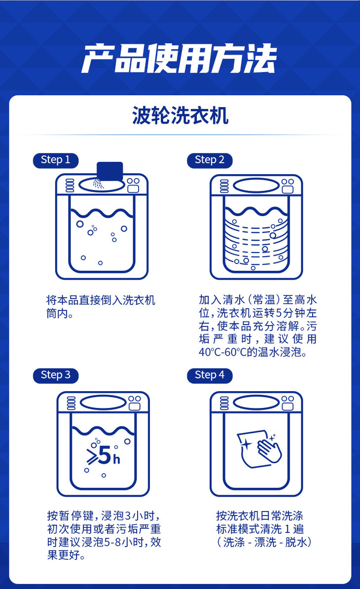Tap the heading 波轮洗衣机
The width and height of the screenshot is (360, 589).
point(180,115)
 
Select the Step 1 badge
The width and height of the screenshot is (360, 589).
point(56,160)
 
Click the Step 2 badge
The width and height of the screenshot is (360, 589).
point(210,160)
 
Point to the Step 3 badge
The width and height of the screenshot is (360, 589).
point(56,375)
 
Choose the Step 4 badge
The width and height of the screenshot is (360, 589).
point(210,375)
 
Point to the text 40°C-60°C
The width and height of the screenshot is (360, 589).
point(222,352)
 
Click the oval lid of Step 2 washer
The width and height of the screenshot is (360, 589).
point(256,185)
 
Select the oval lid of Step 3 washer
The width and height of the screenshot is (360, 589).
point(103,403)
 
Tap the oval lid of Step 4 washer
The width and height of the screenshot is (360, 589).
point(256,403)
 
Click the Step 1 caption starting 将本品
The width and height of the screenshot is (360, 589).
point(101,306)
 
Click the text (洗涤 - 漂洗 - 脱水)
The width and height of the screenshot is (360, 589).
point(264,542)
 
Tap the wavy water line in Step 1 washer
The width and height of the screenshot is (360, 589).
point(102,213)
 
